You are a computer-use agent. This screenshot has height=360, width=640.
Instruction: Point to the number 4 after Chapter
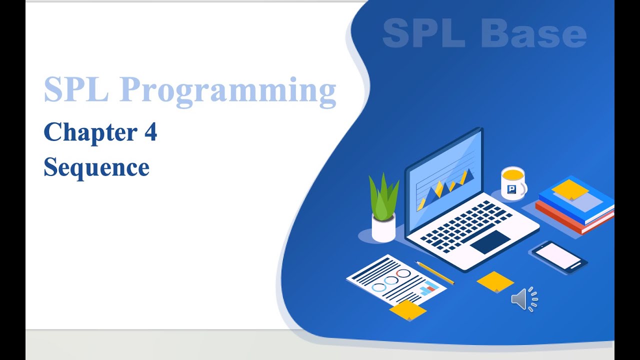tap(150, 131)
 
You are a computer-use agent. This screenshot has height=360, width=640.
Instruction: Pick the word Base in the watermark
tap(533, 33)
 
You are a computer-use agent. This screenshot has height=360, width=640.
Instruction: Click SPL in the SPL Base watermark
tap(424, 33)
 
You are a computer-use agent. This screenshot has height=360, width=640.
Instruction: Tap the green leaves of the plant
tap(383, 197)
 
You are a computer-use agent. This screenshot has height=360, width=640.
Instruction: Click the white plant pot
tap(383, 228)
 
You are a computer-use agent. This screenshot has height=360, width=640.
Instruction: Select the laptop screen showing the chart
tap(444, 180)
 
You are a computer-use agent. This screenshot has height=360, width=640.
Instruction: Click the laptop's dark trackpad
tap(490, 242)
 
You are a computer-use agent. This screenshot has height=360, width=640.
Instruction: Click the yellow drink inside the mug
tap(513, 173)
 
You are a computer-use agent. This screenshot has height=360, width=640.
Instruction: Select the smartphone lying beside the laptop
tap(558, 257)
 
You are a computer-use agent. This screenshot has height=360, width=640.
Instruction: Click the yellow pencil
tap(434, 273)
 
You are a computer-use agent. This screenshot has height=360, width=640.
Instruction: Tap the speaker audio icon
tap(524, 299)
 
